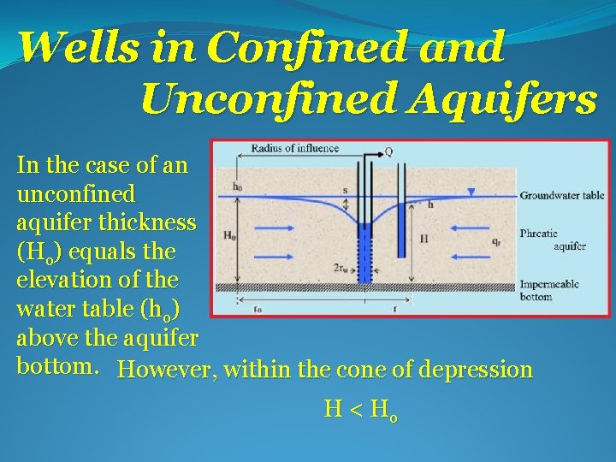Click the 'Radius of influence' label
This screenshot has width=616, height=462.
click(x=294, y=149)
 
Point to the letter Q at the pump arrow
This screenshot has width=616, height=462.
click(x=388, y=151)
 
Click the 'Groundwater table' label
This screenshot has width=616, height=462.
click(x=561, y=195)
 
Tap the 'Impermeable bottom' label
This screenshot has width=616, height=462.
click(x=548, y=290)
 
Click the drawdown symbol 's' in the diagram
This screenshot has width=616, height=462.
click(x=345, y=191)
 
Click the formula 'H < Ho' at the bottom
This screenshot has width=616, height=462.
click(x=359, y=410)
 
